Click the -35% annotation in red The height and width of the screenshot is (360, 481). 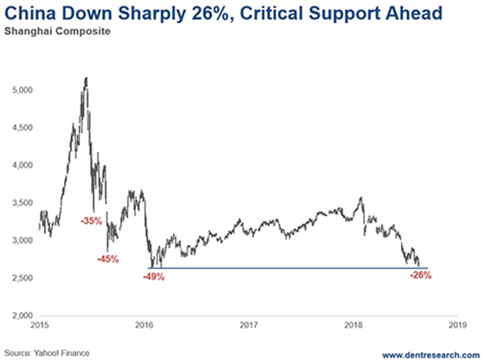coord(91,220)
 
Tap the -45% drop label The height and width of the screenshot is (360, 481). coord(108,259)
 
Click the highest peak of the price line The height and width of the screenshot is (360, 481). coord(85,78)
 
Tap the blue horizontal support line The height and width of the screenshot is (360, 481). coord(292,268)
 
